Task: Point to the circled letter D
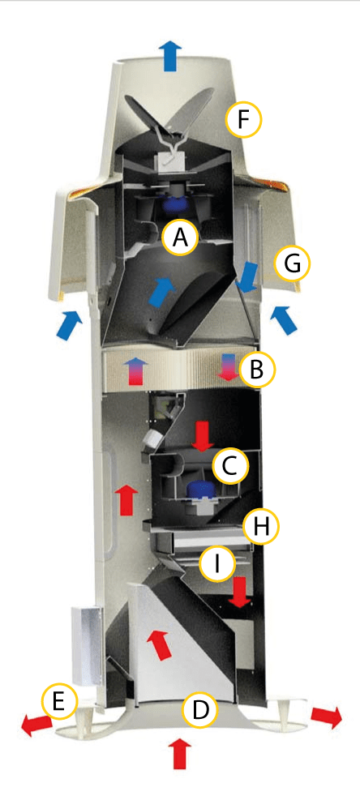200,710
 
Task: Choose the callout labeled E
60,702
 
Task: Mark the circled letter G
293,263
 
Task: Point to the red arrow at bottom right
327,716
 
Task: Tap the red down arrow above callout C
203,435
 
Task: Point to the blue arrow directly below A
163,291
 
